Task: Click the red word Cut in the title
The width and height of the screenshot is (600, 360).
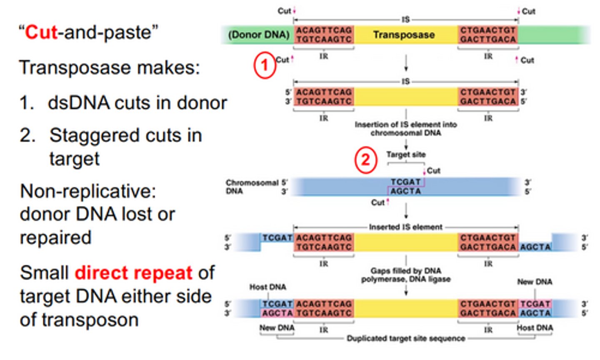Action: pyautogui.click(x=41, y=32)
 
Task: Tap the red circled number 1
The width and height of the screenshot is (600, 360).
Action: pyautogui.click(x=265, y=65)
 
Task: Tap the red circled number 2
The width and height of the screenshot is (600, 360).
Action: pyautogui.click(x=365, y=160)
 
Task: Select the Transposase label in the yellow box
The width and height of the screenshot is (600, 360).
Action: pyautogui.click(x=404, y=35)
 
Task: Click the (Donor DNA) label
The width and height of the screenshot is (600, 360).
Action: pyautogui.click(x=258, y=35)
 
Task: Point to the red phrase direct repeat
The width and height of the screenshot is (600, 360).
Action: pyautogui.click(x=133, y=273)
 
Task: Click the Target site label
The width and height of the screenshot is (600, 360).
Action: pyautogui.click(x=405, y=155)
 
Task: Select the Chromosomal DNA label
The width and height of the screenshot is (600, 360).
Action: pyautogui.click(x=251, y=187)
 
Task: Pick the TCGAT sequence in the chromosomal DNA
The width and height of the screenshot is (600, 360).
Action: pyautogui.click(x=405, y=182)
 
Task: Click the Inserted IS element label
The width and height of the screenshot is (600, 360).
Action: pyautogui.click(x=405, y=227)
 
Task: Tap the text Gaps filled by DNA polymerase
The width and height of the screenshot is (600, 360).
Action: pyautogui.click(x=405, y=271)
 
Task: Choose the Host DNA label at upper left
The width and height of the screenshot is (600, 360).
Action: pyautogui.click(x=267, y=287)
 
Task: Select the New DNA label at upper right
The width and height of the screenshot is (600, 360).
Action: pyautogui.click(x=535, y=282)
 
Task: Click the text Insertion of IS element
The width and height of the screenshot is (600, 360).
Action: pyautogui.click(x=405, y=125)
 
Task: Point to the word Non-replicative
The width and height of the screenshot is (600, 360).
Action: pyautogui.click(x=88, y=191)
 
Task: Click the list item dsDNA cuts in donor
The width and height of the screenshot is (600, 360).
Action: pyautogui.click(x=137, y=103)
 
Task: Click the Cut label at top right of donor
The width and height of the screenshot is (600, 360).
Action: pyautogui.click(x=528, y=12)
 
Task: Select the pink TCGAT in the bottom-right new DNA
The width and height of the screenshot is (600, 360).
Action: pyautogui.click(x=535, y=304)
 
